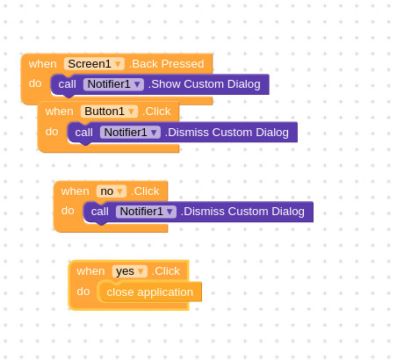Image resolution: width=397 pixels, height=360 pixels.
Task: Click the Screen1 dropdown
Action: (x=94, y=64)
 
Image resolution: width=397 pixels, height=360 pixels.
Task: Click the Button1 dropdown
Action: (x=109, y=112)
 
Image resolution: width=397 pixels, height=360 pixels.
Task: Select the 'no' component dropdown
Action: (x=112, y=191)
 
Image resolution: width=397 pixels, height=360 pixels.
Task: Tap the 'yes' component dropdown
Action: (x=130, y=271)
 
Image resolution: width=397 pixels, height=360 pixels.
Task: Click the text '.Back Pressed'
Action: (x=166, y=64)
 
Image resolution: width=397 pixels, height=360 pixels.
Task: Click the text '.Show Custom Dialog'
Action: (x=205, y=84)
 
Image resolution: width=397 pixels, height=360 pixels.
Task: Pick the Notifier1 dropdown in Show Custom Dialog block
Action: (x=113, y=84)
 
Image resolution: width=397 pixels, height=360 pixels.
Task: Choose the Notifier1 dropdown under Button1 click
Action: (x=130, y=133)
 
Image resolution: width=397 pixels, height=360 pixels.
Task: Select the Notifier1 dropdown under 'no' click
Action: (x=146, y=212)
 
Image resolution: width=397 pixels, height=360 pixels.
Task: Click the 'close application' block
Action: (x=149, y=292)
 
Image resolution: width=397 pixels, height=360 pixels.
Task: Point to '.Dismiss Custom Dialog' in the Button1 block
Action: (x=227, y=133)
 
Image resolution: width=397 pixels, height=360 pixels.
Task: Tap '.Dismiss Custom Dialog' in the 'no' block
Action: (x=242, y=212)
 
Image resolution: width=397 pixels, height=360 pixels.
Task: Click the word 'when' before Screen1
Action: (x=43, y=64)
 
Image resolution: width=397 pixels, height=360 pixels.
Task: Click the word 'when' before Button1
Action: (x=60, y=112)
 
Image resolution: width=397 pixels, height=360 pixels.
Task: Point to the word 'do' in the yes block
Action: (x=83, y=292)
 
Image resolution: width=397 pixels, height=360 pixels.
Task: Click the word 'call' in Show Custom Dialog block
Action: (x=67, y=84)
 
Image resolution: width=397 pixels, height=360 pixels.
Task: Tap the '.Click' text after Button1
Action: (x=156, y=112)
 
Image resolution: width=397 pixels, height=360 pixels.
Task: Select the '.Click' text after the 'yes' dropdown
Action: (x=166, y=271)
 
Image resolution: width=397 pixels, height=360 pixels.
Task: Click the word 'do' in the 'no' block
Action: (x=68, y=211)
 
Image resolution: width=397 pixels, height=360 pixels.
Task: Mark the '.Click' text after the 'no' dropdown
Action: (x=145, y=191)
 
